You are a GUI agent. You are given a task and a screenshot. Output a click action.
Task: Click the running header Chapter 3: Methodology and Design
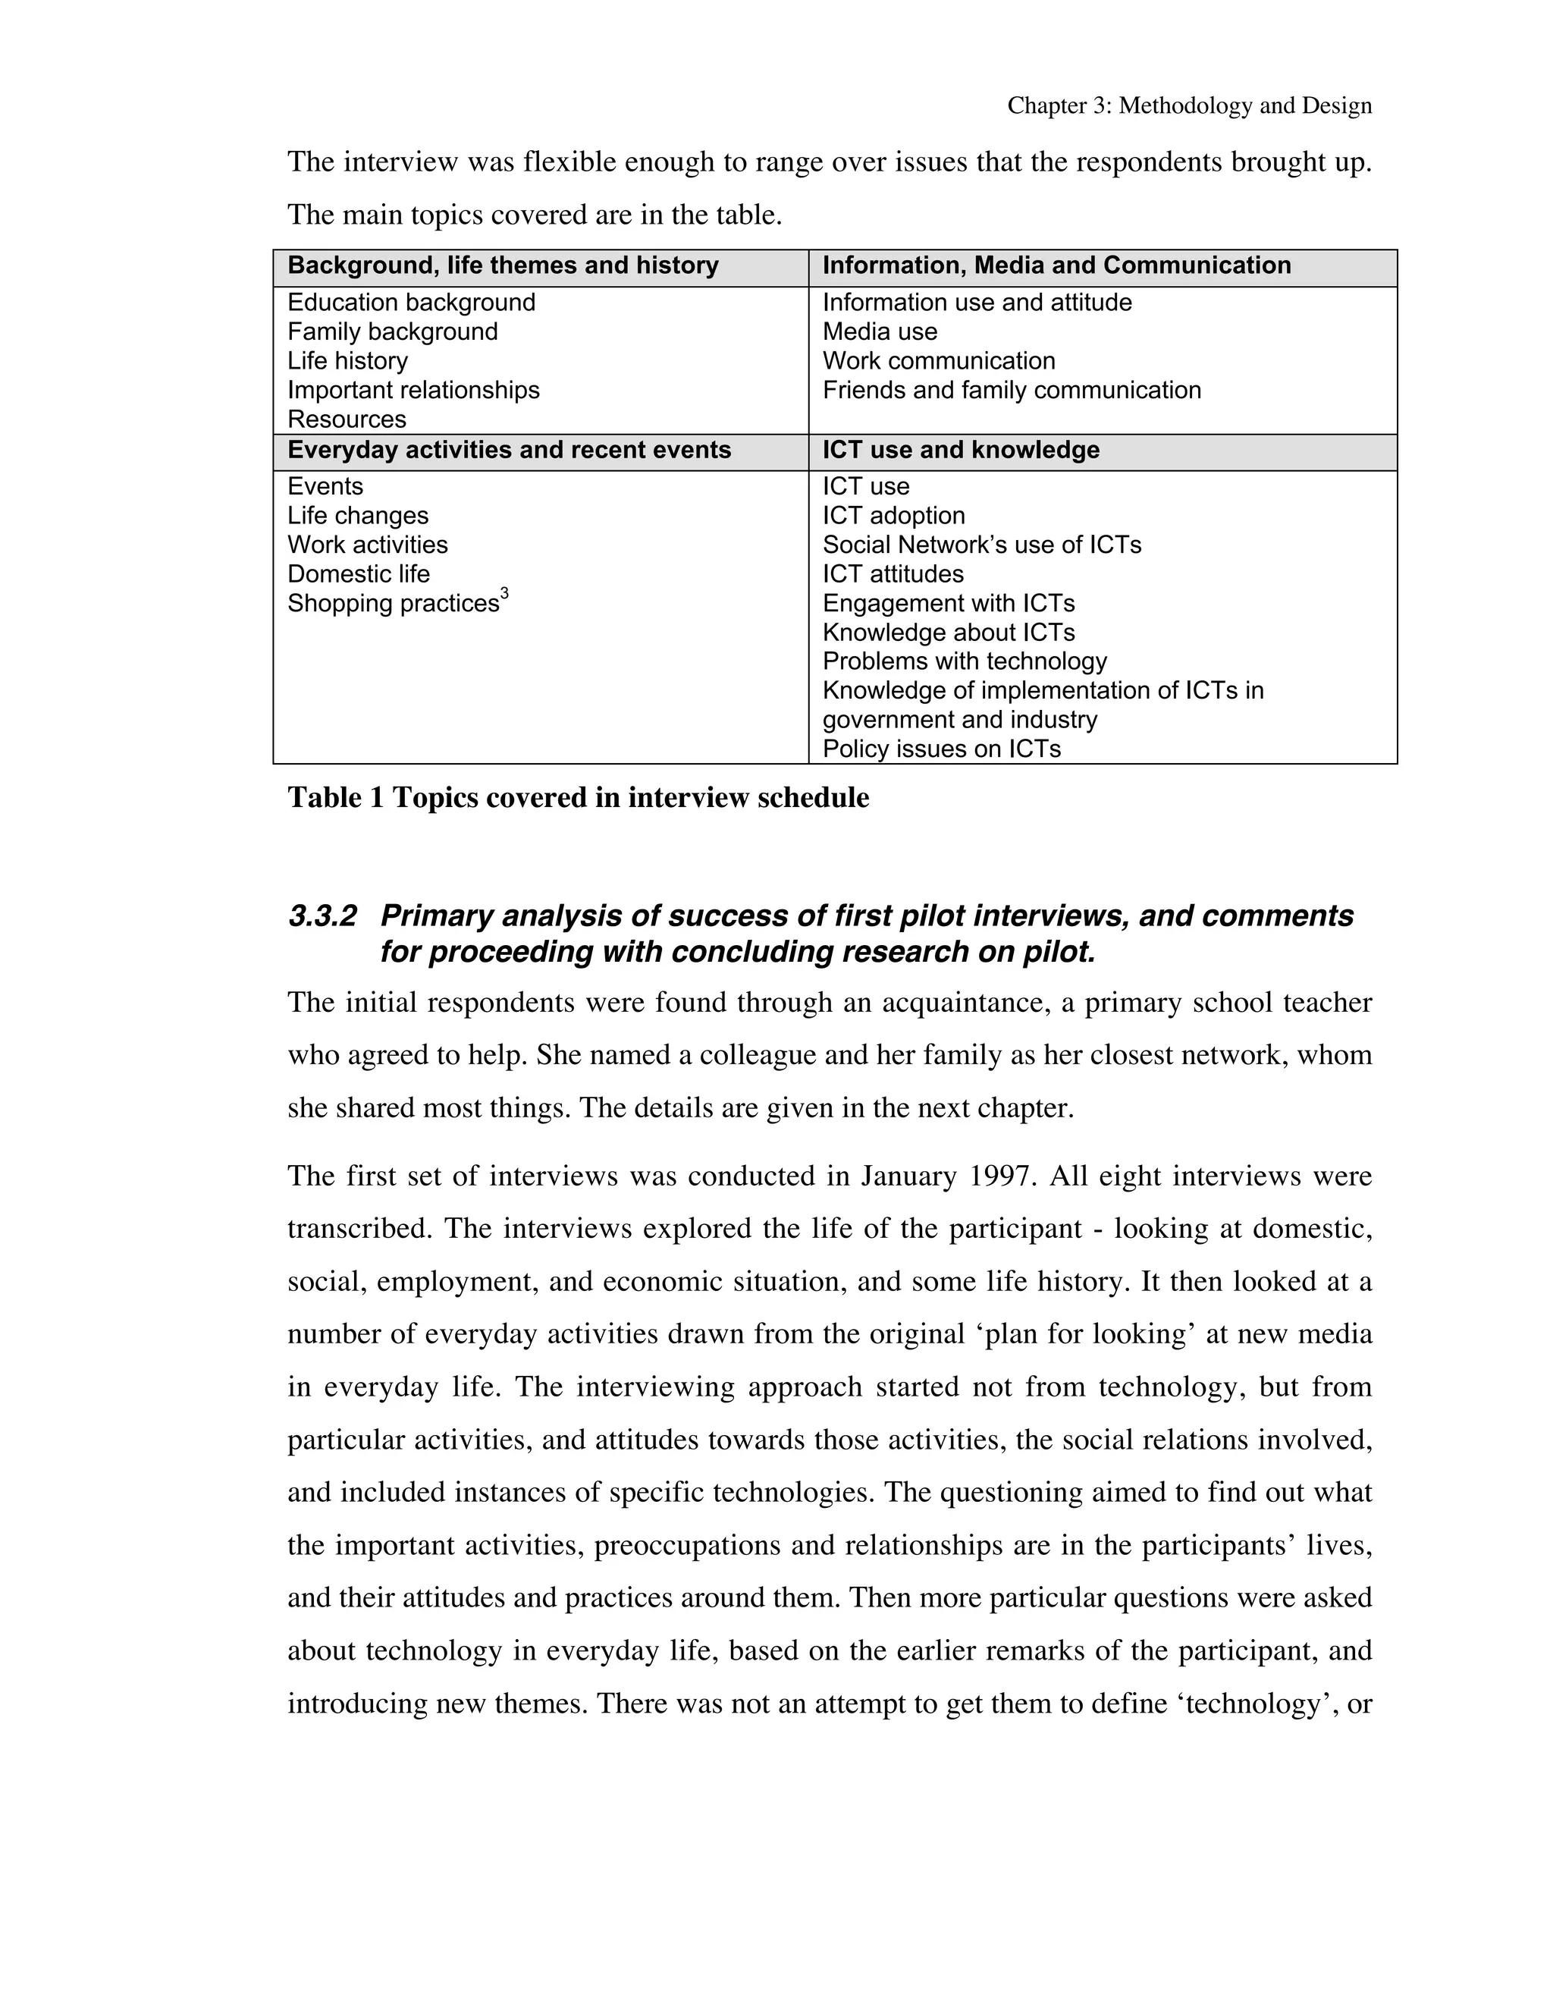(1189, 106)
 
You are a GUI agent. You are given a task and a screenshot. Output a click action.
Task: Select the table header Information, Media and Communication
(1056, 266)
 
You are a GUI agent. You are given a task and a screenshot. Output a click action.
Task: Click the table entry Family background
(392, 331)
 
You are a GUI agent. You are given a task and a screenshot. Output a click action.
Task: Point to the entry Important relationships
(413, 390)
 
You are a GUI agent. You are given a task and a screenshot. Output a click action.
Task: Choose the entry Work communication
(939, 361)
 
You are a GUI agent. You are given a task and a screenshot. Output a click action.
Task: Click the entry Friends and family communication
(1011, 390)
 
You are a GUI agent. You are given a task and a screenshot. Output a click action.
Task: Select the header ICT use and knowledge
(961, 450)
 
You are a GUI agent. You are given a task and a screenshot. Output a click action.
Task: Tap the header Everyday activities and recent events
(509, 450)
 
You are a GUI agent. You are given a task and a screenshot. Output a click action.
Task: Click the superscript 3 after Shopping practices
(504, 595)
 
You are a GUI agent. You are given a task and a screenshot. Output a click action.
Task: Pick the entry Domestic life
(358, 574)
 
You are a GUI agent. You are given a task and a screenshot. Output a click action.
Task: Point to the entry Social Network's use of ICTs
(982, 545)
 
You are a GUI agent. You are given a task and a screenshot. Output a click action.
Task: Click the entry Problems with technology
(965, 661)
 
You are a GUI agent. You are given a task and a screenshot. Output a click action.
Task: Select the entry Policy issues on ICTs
(941, 749)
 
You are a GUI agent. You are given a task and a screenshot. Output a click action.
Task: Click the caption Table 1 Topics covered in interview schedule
(578, 798)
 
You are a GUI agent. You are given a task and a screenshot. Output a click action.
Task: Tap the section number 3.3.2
(322, 917)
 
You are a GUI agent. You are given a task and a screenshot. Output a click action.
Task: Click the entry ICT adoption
(893, 515)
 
